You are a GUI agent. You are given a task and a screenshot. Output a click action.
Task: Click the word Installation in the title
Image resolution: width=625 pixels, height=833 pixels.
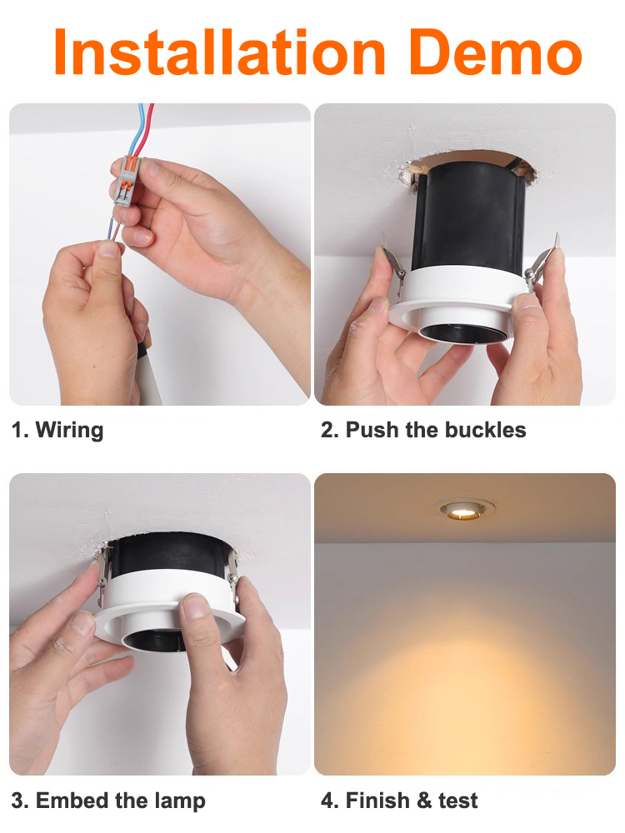click(219, 52)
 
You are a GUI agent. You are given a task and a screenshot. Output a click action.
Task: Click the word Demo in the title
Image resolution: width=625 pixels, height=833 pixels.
click(495, 52)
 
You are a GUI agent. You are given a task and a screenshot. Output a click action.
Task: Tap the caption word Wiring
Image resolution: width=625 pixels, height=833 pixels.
click(69, 431)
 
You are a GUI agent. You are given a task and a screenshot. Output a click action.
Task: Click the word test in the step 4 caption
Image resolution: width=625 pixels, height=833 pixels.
click(457, 801)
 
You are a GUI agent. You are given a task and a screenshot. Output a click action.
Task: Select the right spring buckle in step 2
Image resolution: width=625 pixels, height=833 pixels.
click(542, 262)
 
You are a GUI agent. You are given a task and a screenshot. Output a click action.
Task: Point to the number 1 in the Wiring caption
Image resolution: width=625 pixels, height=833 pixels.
click(17, 430)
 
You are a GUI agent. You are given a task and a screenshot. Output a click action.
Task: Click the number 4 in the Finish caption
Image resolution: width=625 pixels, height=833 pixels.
click(327, 801)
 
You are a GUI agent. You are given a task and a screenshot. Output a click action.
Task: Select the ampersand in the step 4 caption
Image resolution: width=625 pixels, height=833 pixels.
click(425, 801)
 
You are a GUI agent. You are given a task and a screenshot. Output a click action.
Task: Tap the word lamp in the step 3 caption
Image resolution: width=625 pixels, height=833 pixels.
click(180, 801)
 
